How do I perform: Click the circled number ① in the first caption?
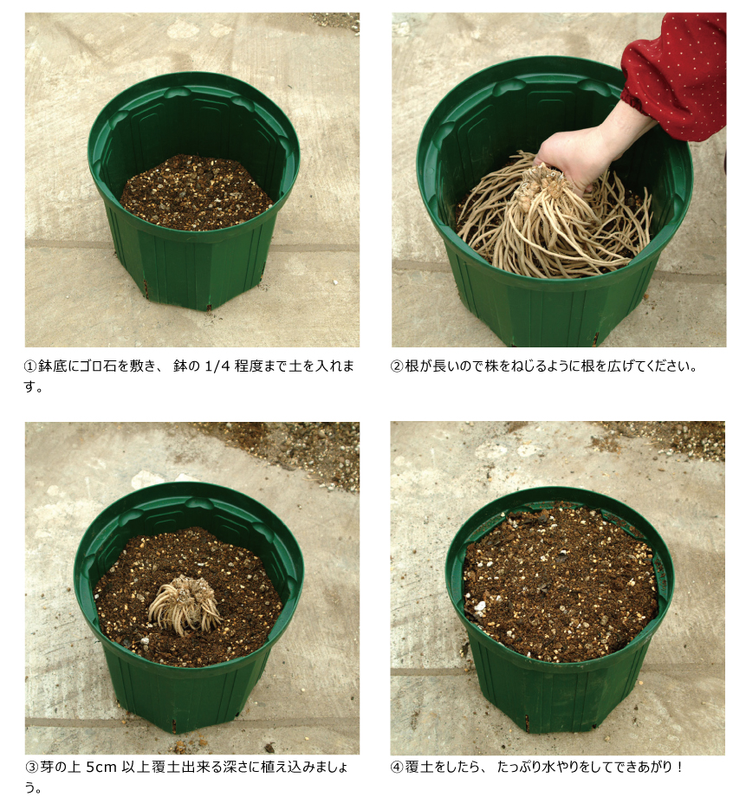point(31,366)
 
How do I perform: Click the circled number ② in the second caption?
point(397,366)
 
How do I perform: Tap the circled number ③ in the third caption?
point(31,768)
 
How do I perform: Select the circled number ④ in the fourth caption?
point(397,768)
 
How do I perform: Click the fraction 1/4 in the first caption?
point(217,366)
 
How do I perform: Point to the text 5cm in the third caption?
point(101,768)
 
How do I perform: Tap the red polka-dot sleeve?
point(677,72)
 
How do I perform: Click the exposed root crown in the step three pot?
point(185,602)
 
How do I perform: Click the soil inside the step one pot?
point(197,192)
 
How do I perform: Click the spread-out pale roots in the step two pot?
point(553,222)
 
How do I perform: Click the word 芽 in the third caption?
point(47,768)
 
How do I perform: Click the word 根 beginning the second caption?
point(412,366)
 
